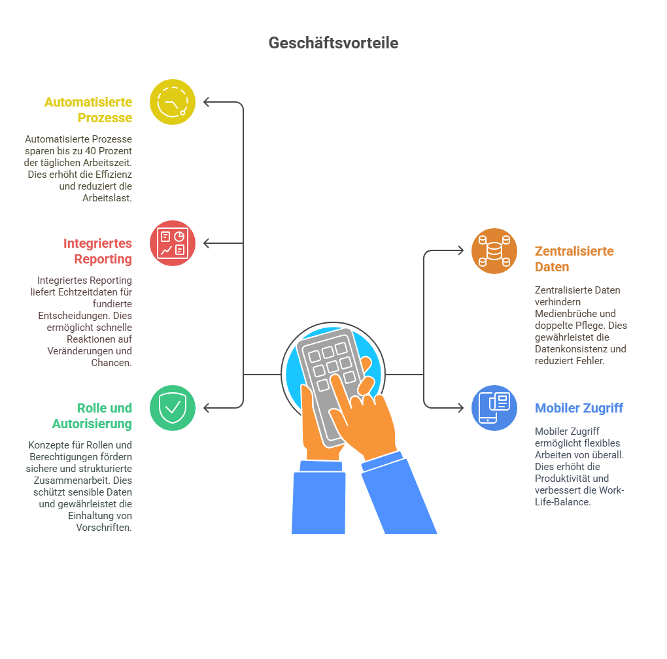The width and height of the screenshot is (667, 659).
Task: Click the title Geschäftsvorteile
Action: [x=333, y=43]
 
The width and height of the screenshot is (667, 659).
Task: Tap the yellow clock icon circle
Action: [x=173, y=102]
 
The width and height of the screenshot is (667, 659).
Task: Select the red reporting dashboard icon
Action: [x=173, y=243]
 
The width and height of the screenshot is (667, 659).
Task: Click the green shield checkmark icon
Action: [x=173, y=408]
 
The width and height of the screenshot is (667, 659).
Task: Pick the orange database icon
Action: [x=494, y=251]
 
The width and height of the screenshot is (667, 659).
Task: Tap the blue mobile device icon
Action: [x=494, y=408]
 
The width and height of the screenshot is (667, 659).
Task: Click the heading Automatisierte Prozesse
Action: [x=88, y=110]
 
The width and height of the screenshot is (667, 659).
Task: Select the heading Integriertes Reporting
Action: [x=98, y=251]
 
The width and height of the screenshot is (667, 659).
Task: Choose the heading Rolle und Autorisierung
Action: [x=92, y=416]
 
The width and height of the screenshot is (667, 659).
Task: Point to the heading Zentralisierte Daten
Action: [x=574, y=259]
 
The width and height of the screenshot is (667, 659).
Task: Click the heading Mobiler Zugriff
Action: [x=579, y=408]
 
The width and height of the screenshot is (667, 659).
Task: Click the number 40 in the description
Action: [x=90, y=151]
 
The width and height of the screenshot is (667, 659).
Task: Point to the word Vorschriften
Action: [x=104, y=528]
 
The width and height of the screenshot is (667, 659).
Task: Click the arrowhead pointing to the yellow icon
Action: [x=206, y=102]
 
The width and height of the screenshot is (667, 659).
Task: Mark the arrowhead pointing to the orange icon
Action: [x=461, y=251]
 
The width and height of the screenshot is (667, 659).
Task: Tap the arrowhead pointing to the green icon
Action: [x=206, y=408]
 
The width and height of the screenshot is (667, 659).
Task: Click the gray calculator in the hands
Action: [x=328, y=382]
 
